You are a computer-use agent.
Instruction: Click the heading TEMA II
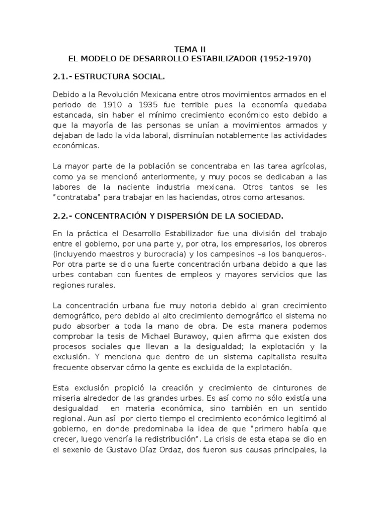tap(190, 49)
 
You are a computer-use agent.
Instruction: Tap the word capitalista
tap(254, 356)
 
